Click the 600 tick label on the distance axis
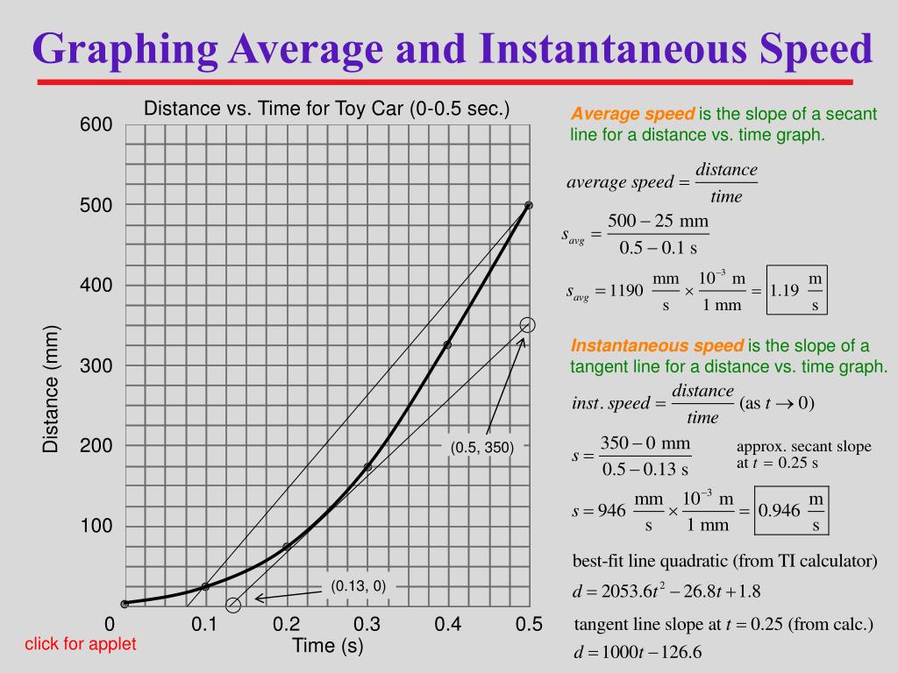[x=96, y=124]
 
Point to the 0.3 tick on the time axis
[x=367, y=624]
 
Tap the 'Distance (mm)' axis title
[x=52, y=388]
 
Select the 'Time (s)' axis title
[x=327, y=647]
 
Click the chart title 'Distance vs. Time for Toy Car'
[x=326, y=109]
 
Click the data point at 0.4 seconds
[x=447, y=344]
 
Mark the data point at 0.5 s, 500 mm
[x=528, y=205]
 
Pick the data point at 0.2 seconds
[x=287, y=547]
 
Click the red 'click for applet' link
[x=80, y=644]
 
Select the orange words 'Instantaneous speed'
[x=657, y=345]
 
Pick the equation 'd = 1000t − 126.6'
[x=638, y=653]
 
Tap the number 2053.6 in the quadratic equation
[x=624, y=592]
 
